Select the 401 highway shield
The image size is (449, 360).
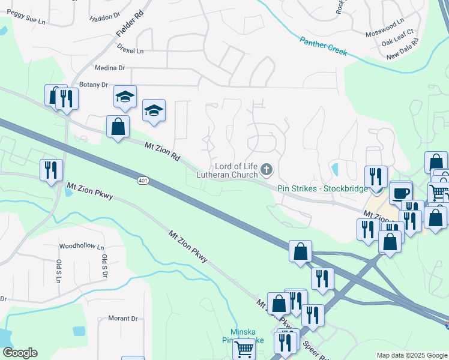142,181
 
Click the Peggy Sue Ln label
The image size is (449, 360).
25,20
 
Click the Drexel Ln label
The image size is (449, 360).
131,51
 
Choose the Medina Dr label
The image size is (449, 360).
109,68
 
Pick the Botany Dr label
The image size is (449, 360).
92,85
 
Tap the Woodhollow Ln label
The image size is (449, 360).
82,247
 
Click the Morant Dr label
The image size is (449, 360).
122,319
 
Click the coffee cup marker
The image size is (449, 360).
401,193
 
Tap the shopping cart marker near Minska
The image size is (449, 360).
244,347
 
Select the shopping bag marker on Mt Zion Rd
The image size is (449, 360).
118,127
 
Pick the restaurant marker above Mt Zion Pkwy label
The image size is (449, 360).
51,170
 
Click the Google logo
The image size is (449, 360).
19,353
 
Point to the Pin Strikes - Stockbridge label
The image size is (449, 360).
322,188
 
